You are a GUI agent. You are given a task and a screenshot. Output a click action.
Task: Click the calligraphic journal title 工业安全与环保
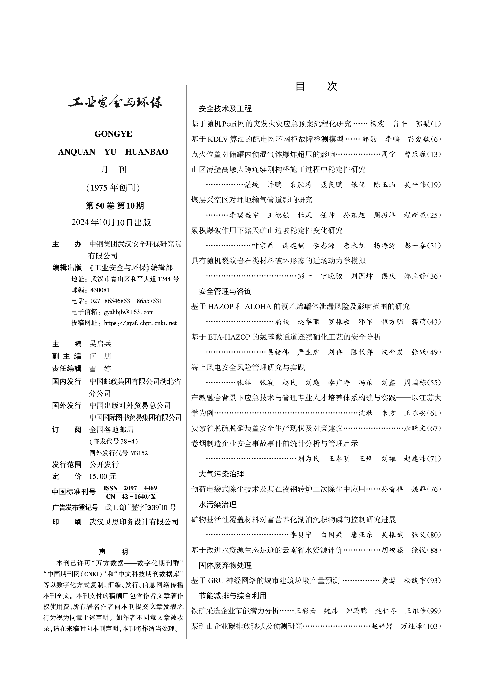tap(115, 102)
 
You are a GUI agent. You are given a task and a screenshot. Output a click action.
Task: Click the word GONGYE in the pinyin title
tap(113, 134)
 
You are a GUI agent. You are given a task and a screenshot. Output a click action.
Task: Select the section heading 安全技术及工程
tap(225, 109)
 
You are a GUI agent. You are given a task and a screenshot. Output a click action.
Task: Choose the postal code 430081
tap(100, 290)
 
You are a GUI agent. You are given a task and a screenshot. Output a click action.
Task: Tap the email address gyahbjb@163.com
tap(129, 312)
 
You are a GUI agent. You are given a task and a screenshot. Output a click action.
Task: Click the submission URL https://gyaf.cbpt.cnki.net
tap(140, 323)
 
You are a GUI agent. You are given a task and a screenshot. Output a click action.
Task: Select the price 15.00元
tap(103, 476)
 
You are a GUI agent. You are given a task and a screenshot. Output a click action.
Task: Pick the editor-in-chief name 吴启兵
tap(100, 343)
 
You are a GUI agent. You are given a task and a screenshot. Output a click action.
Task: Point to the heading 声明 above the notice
tap(113, 551)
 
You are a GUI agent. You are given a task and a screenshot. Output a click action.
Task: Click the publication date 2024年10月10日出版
tap(111, 222)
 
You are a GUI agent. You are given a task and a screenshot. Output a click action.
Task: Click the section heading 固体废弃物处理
tap(225, 565)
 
